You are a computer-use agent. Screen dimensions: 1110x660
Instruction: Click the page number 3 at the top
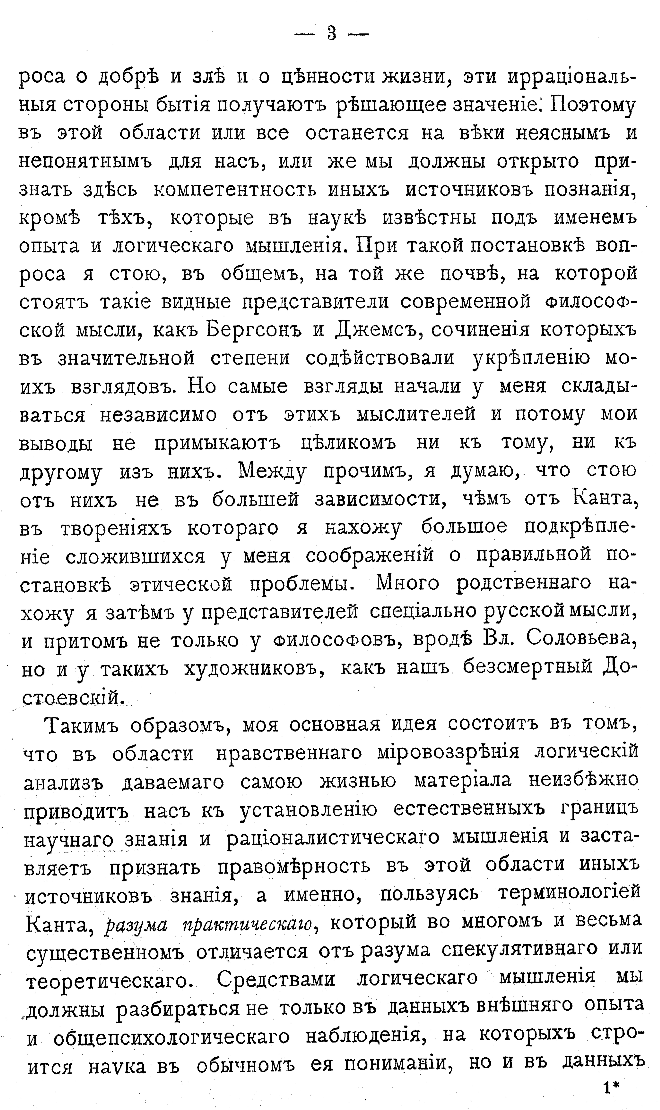(331, 33)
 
